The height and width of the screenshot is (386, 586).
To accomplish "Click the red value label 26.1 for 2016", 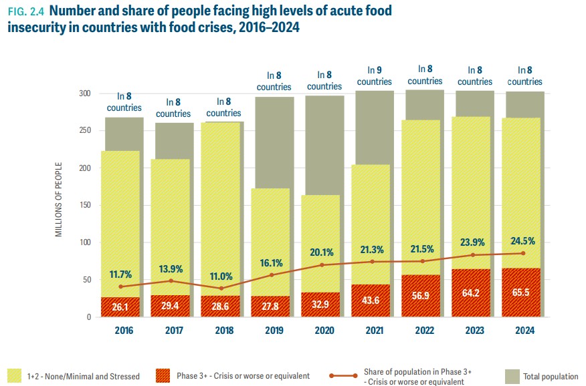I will [x=120, y=307].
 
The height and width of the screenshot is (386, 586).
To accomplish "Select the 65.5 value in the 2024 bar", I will [x=522, y=293].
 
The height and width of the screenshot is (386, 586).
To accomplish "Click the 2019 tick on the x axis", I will [x=274, y=329].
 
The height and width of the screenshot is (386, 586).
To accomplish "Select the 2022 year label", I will [x=424, y=329].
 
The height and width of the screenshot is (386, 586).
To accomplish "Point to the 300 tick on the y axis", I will [x=84, y=93].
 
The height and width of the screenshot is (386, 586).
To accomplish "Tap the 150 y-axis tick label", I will [x=84, y=205].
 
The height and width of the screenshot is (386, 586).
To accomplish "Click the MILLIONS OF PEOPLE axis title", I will [x=59, y=199].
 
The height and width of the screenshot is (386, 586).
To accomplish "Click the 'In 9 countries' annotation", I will [x=374, y=75].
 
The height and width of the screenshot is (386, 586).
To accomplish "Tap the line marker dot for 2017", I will [x=171, y=280].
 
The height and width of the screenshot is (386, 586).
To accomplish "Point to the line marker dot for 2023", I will [x=473, y=255].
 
